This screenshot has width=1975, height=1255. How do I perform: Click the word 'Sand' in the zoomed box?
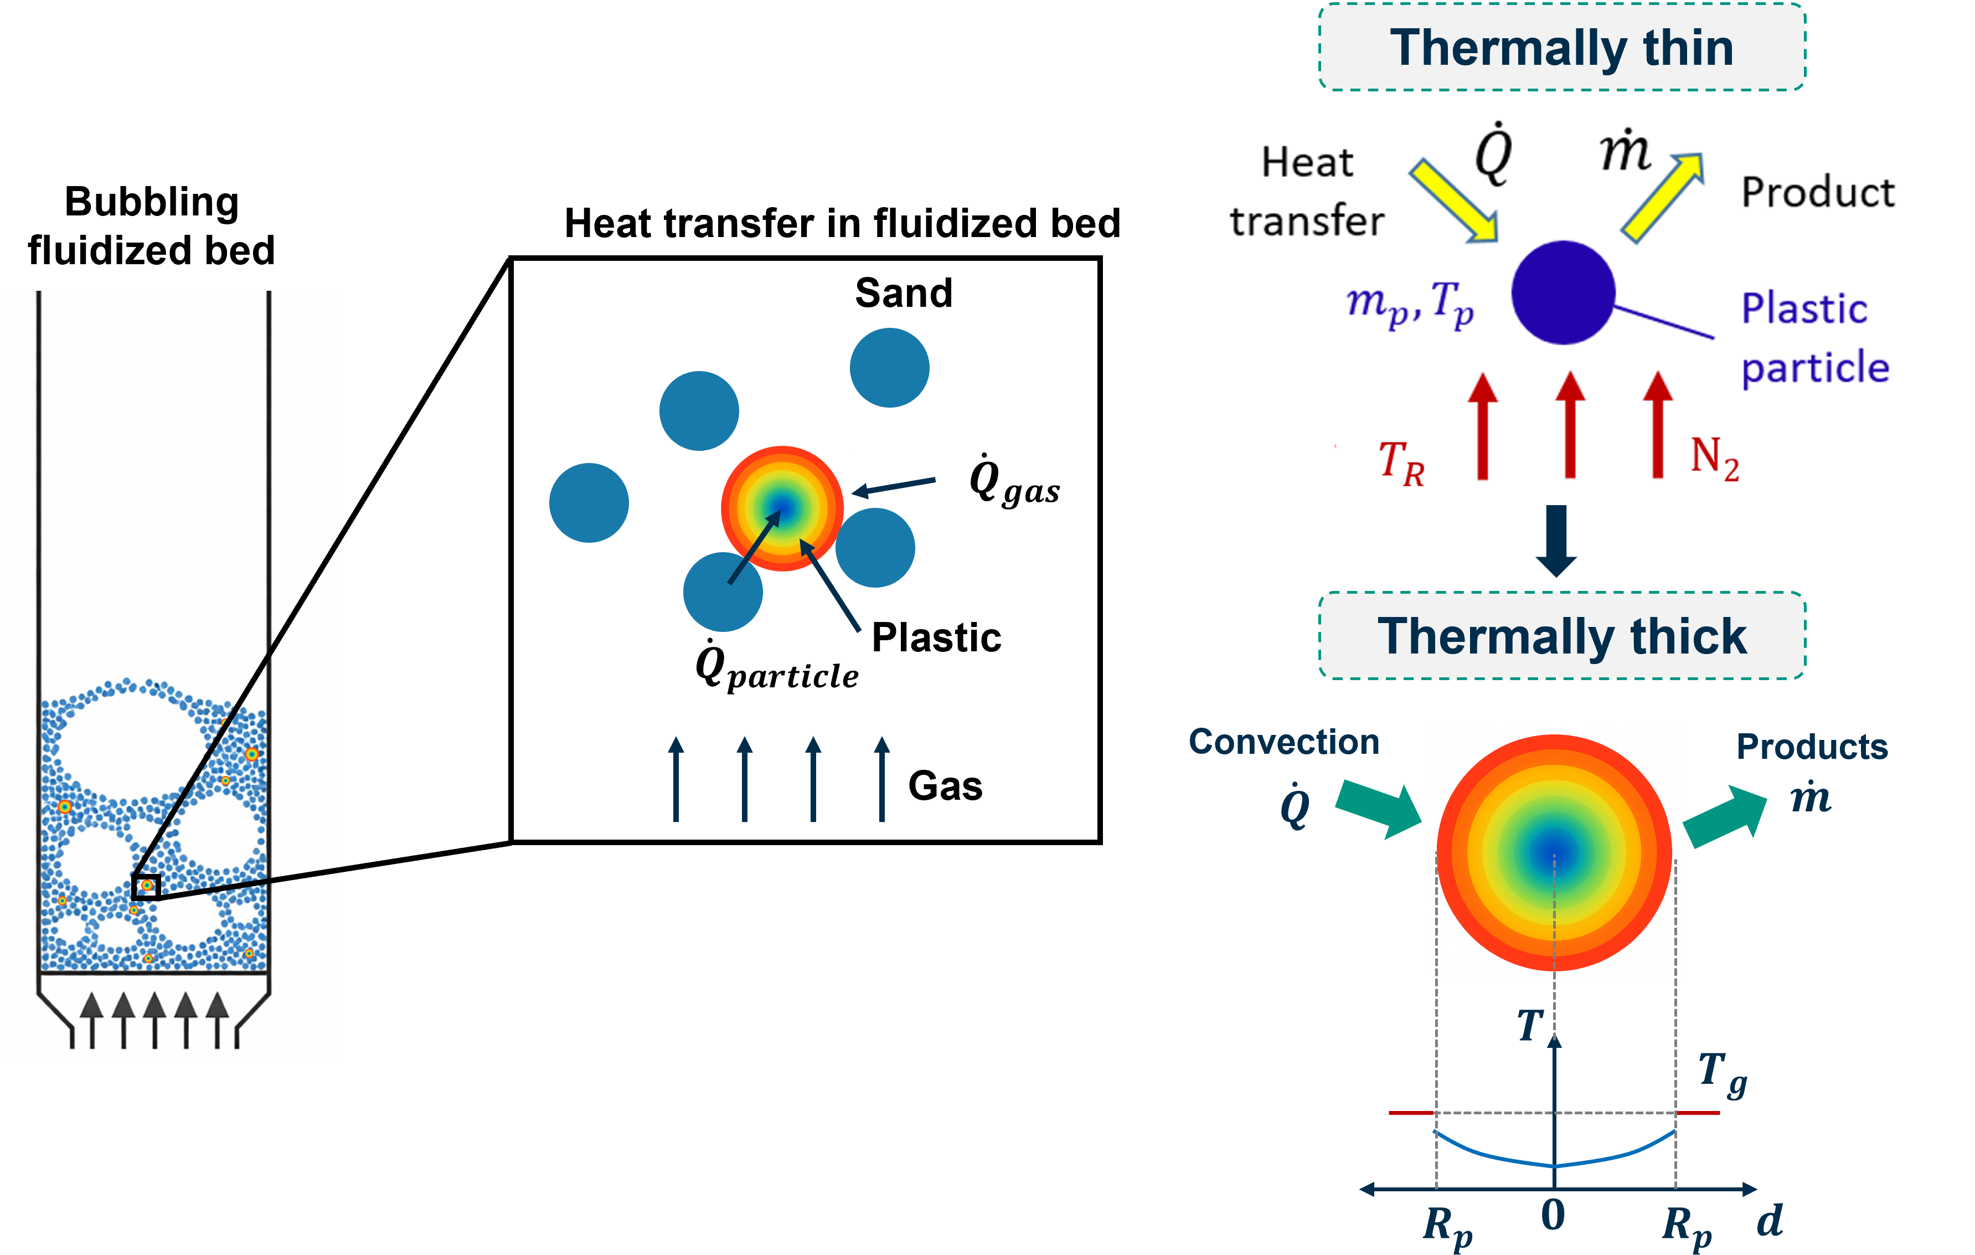903,293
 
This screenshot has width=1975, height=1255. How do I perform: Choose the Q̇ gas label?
1014,481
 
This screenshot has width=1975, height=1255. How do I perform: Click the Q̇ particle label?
776,666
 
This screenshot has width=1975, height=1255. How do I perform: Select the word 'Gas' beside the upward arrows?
945,786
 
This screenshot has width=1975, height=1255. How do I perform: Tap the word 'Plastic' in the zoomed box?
936,637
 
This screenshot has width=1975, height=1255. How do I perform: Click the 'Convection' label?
1283,742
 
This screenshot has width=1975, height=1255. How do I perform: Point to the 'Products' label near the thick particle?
1812,747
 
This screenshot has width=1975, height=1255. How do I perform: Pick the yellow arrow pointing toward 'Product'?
1662,197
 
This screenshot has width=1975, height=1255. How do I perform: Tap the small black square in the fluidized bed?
146,887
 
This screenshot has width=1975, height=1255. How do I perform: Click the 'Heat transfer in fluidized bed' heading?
842,223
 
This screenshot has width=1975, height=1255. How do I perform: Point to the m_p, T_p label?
1409,304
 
